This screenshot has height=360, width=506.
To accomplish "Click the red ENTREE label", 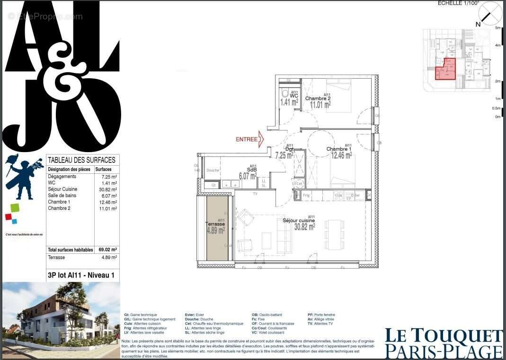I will pos(247,139).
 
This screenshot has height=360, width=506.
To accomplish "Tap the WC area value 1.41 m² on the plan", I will pos(289,102).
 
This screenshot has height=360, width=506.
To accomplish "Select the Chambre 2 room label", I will pos(317,99).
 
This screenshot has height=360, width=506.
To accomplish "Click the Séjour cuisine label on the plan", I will pos(299,220).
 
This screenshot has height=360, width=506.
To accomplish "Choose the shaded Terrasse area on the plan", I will pos(218,227).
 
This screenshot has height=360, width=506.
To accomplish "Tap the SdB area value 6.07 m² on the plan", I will pos(248,176).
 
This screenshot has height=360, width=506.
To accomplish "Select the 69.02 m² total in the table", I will pos(108,250).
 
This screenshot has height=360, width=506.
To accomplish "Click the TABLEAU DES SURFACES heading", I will pos(81,161).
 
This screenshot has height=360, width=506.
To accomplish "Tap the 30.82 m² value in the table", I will pos(108,189).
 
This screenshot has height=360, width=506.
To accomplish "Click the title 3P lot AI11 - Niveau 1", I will pos(81,275).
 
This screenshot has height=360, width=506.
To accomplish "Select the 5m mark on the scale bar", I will pos(497,28).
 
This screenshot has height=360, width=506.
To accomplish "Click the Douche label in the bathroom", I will pos(213,171).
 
